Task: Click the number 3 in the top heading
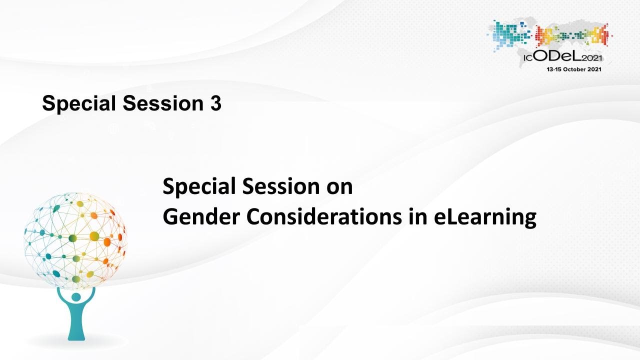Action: [x=216, y=103]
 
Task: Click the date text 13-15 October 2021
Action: [x=573, y=69]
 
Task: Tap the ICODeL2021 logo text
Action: [x=563, y=57]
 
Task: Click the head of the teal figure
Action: [x=76, y=297]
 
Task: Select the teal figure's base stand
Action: [x=76, y=331]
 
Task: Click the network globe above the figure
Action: [x=75, y=240]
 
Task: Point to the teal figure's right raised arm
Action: [x=90, y=297]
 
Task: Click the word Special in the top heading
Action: [x=79, y=104]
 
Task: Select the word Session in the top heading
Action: [x=163, y=103]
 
